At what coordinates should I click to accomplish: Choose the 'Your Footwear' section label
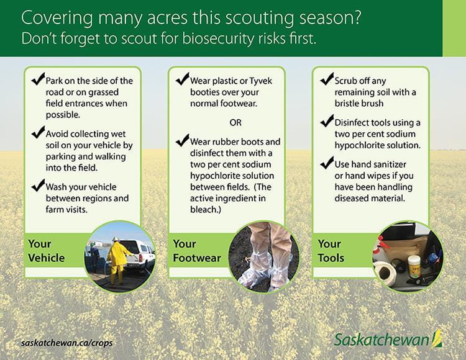coord(196,250)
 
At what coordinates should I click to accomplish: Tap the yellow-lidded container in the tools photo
coord(414,263)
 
